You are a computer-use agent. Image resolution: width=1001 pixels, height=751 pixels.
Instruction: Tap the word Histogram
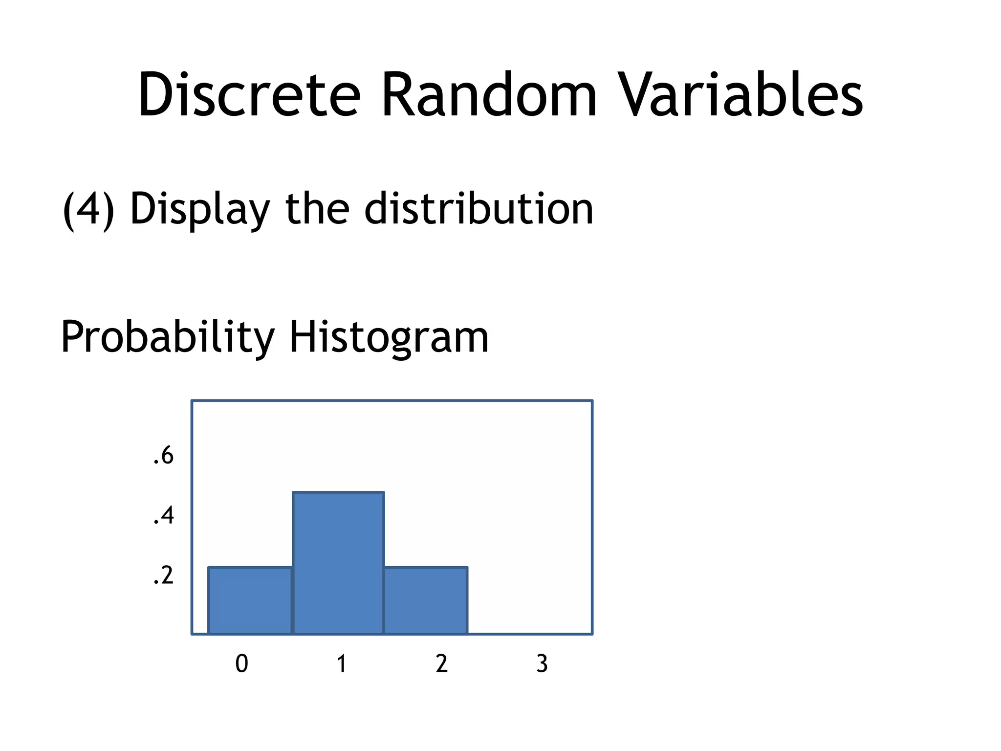click(389, 337)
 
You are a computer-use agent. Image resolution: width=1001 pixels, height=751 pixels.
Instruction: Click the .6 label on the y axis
click(163, 456)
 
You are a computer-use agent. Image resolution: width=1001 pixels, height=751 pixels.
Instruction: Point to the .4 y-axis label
click(163, 516)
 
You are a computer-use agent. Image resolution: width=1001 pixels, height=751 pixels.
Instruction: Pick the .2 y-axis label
click(163, 575)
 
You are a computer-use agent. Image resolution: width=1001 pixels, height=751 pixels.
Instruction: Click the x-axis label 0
click(242, 664)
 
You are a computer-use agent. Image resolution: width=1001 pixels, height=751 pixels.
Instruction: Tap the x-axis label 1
click(342, 664)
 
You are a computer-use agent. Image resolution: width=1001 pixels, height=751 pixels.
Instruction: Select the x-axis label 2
click(442, 664)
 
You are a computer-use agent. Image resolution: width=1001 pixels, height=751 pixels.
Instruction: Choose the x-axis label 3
click(542, 664)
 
